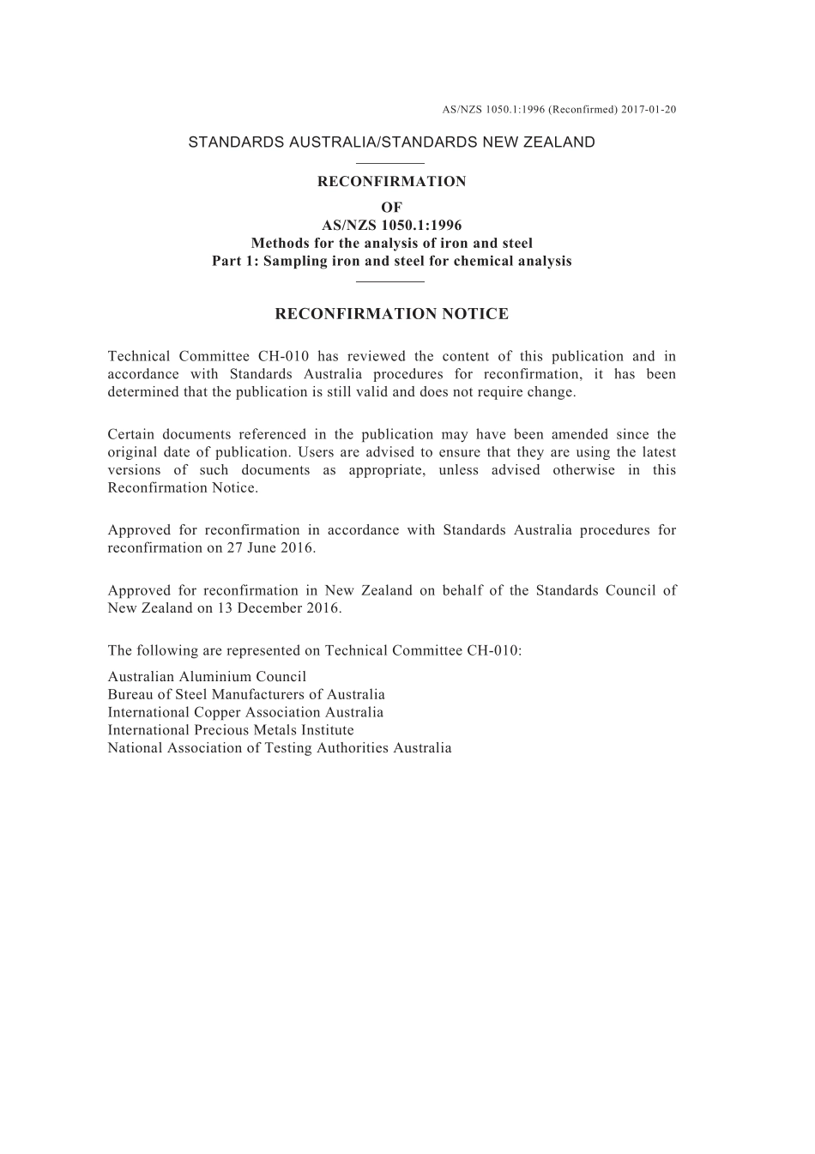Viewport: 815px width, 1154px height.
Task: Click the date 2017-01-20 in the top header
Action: tap(649, 110)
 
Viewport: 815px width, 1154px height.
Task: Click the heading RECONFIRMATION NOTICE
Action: tap(391, 314)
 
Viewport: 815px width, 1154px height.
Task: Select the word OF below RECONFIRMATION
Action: tap(391, 207)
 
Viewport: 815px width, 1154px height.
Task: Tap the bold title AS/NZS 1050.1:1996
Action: tap(391, 226)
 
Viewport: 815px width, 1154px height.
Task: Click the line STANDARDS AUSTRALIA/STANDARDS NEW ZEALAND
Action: tap(391, 142)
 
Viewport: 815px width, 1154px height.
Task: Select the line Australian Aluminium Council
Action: tap(207, 676)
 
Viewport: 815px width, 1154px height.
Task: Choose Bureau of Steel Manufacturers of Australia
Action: tap(246, 694)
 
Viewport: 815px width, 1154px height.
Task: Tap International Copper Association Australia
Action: tap(245, 712)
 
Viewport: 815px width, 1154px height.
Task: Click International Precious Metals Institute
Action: tap(231, 730)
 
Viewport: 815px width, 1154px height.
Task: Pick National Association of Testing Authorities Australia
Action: tap(280, 748)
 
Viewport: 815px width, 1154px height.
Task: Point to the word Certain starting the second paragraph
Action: tap(130, 434)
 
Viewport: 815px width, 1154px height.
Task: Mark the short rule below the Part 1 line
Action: tap(390, 281)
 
